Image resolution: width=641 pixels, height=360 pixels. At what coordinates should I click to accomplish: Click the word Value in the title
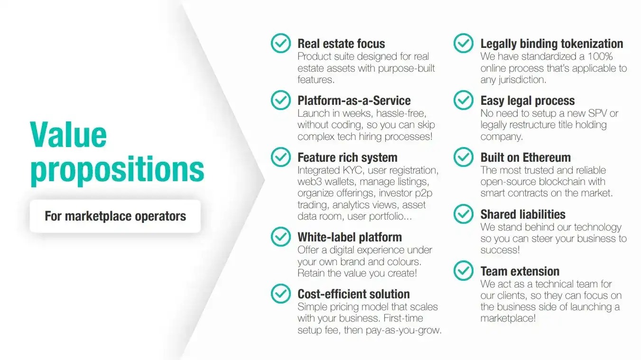(68, 135)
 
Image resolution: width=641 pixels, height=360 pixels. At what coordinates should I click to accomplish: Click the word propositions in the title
(117, 170)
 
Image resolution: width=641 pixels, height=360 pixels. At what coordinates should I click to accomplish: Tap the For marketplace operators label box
(115, 216)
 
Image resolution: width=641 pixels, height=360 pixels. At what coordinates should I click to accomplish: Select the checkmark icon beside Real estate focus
(281, 43)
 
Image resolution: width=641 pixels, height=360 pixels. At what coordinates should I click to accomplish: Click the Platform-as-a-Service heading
(354, 101)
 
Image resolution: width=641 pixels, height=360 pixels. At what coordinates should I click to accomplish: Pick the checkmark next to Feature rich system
(281, 157)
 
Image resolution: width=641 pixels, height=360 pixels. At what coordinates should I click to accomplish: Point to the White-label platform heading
(350, 237)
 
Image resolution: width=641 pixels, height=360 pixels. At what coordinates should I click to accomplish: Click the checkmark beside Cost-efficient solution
(281, 294)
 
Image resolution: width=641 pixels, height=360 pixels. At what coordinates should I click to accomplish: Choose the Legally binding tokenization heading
(552, 44)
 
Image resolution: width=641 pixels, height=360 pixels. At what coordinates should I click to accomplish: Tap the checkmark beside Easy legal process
(463, 100)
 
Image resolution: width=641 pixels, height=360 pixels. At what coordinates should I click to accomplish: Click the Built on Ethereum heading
(525, 157)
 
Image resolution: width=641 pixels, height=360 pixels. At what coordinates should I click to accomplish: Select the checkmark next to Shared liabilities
(463, 214)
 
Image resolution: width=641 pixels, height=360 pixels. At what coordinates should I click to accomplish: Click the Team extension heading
(520, 271)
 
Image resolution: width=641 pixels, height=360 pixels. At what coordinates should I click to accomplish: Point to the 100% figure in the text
(600, 56)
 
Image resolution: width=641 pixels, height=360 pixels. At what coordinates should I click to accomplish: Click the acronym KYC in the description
(353, 170)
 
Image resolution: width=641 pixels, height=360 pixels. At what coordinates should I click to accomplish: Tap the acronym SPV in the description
(598, 113)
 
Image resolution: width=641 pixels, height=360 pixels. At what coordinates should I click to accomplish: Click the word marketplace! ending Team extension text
(508, 318)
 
